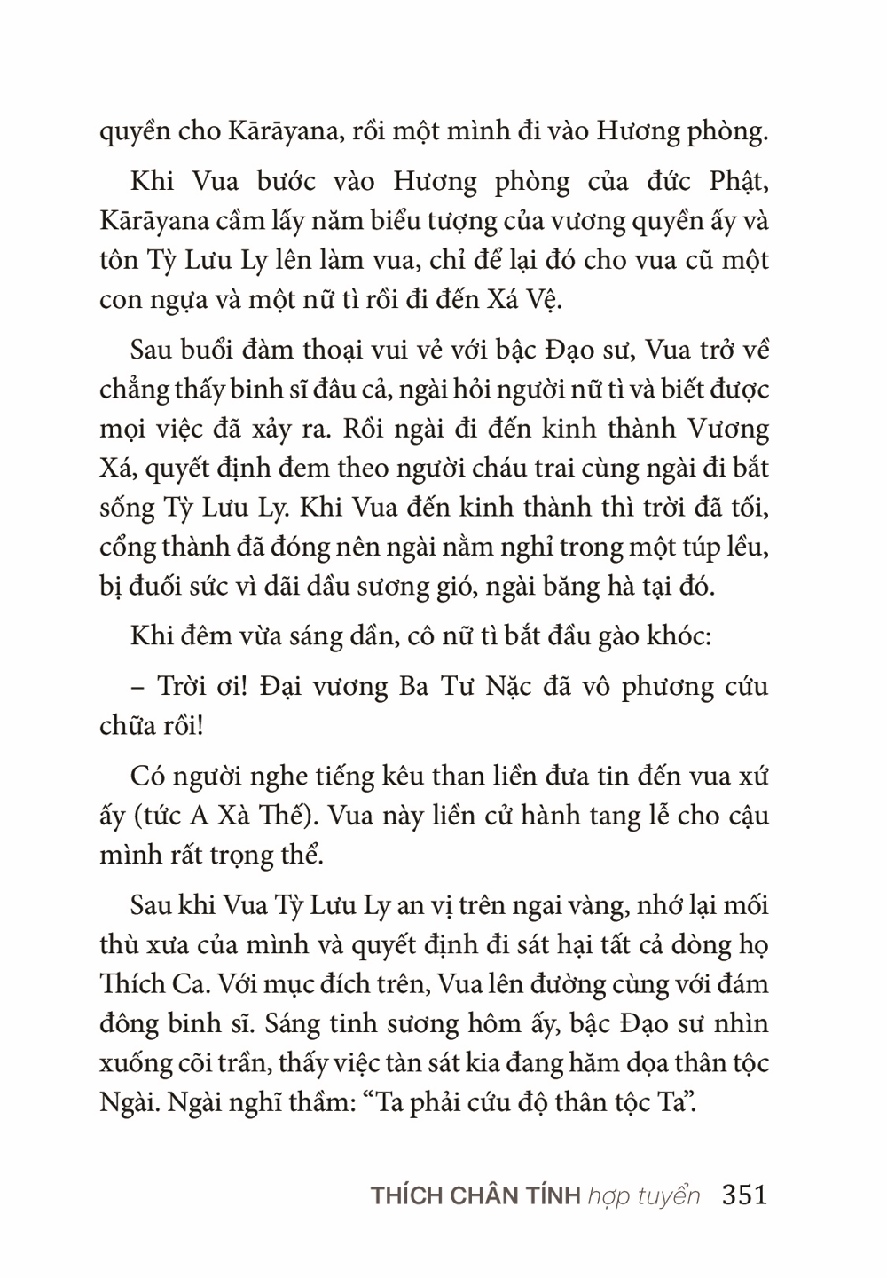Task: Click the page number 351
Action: tap(744, 1195)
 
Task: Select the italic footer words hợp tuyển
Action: tap(643, 1196)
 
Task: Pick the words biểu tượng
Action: tap(401, 221)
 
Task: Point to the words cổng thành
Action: tap(149, 547)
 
